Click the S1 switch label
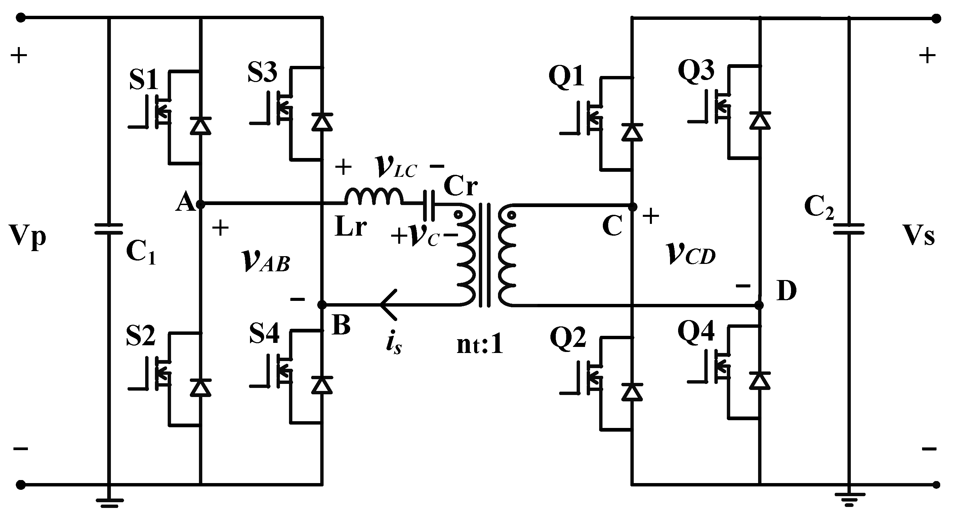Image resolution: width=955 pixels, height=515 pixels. [143, 79]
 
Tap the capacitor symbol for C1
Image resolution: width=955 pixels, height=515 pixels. [108, 229]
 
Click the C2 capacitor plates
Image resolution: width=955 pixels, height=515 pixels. [848, 229]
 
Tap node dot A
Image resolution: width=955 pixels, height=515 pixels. [200, 204]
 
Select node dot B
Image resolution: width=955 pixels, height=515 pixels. [322, 305]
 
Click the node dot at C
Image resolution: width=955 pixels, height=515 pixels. [633, 206]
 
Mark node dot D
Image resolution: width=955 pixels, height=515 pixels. [759, 305]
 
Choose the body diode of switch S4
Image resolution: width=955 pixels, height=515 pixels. [322, 385]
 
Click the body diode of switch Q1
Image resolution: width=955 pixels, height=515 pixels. [632, 132]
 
